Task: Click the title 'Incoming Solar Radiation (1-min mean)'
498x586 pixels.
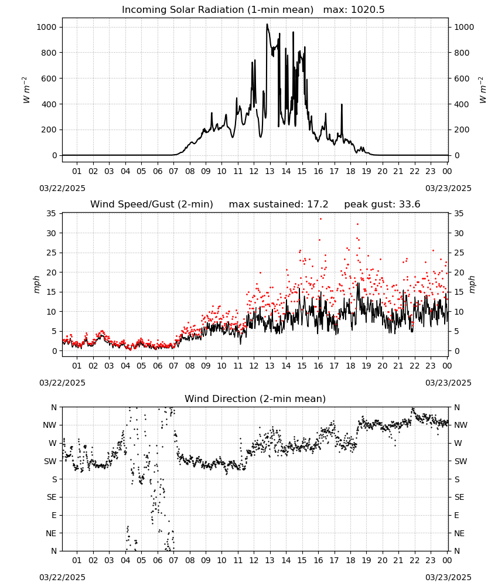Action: tap(217, 10)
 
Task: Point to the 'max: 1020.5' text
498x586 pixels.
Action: tap(354, 10)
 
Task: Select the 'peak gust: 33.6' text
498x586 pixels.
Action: tap(382, 205)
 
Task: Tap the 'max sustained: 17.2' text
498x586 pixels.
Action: tap(278, 205)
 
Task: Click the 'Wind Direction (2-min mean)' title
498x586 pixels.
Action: tap(255, 398)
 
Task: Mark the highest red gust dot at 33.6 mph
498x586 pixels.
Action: tap(320, 219)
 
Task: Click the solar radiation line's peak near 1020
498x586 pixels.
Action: tap(267, 24)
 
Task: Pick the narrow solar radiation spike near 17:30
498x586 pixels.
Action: tap(342, 105)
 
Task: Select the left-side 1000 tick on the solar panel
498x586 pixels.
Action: tap(46, 27)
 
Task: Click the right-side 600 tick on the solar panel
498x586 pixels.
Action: tap(462, 79)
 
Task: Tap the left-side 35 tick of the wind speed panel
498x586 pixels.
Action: tap(51, 213)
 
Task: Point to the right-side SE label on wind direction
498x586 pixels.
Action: tap(459, 497)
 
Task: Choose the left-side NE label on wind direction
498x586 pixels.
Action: tap(51, 533)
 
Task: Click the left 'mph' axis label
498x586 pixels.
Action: tap(36, 284)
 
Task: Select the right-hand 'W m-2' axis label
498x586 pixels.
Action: tap(482, 90)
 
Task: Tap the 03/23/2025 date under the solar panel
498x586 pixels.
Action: tap(448, 188)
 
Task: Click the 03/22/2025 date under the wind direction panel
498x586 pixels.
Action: tap(62, 577)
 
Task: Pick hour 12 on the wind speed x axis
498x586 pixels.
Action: tap(254, 366)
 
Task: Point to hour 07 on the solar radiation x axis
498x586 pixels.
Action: tap(173, 172)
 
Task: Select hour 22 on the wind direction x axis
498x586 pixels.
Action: tap(414, 561)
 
